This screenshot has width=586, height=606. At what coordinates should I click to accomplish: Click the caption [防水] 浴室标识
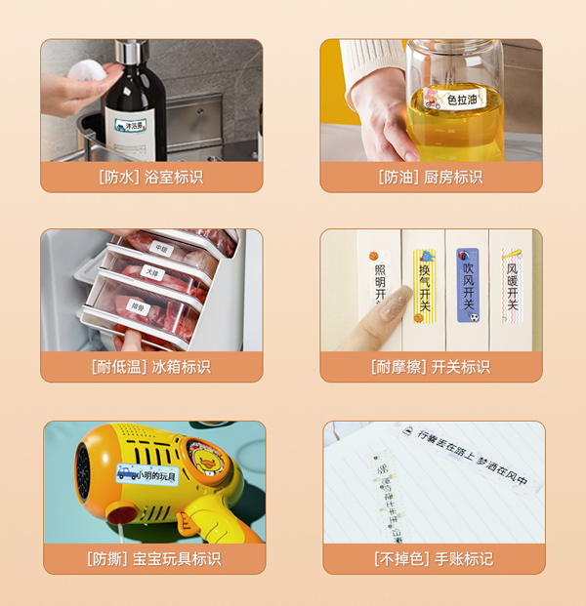151,178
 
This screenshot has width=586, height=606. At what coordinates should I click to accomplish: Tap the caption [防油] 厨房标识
431,178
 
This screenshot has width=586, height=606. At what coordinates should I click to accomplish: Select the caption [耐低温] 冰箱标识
151,367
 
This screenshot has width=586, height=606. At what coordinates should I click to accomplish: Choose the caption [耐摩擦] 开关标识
431,367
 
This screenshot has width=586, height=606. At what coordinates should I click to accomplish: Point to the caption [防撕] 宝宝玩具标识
153,559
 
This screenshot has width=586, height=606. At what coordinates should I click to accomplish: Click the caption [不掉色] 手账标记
434,559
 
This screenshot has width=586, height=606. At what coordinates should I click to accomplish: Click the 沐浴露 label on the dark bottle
129,124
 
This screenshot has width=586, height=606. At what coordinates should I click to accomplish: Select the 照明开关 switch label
380,283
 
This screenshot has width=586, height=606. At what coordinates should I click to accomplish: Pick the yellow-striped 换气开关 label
424,283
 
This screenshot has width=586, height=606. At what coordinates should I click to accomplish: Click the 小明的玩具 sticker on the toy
147,474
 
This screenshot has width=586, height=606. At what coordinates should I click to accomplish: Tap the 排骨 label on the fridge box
140,306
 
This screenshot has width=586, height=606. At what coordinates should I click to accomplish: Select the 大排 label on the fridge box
151,270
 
